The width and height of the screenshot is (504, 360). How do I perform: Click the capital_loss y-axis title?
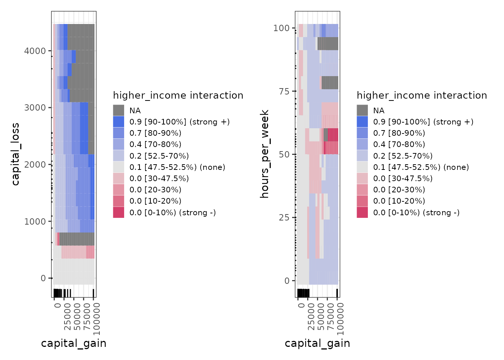pyautogui.click(x=15, y=154)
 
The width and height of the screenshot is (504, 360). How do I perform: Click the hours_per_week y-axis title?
pyautogui.click(x=265, y=154)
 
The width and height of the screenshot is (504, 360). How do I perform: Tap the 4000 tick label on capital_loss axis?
pyautogui.click(x=35, y=51)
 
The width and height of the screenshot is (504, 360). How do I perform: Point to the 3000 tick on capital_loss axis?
pyautogui.click(x=35, y=108)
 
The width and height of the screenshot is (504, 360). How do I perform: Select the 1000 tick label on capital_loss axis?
pyautogui.click(x=35, y=221)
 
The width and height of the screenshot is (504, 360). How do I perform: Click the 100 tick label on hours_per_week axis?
pyautogui.click(x=281, y=28)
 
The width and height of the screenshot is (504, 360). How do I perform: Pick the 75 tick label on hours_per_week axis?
pyautogui.click(x=284, y=91)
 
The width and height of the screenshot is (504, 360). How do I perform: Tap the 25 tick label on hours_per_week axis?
pyautogui.click(x=284, y=217)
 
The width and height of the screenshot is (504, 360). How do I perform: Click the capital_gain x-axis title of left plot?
pyautogui.click(x=73, y=343)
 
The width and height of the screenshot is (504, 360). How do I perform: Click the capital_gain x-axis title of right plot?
pyautogui.click(x=317, y=343)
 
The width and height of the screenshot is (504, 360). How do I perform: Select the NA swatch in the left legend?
pyautogui.click(x=118, y=110)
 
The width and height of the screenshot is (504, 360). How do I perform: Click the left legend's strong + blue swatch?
pyautogui.click(x=118, y=121)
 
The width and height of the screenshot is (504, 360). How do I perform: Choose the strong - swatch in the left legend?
pyautogui.click(x=118, y=212)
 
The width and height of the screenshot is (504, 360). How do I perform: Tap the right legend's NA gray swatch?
pyautogui.click(x=362, y=110)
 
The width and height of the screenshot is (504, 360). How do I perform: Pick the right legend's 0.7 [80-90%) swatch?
pyautogui.click(x=362, y=133)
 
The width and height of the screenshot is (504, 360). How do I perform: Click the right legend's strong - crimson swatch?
pyautogui.click(x=362, y=212)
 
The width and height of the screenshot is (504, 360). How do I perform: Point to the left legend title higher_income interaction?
pyautogui.click(x=178, y=95)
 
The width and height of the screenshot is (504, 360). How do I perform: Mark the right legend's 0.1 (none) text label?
pyautogui.click(x=421, y=167)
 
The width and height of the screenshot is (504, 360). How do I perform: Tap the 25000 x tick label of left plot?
pyautogui.click(x=67, y=317)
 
